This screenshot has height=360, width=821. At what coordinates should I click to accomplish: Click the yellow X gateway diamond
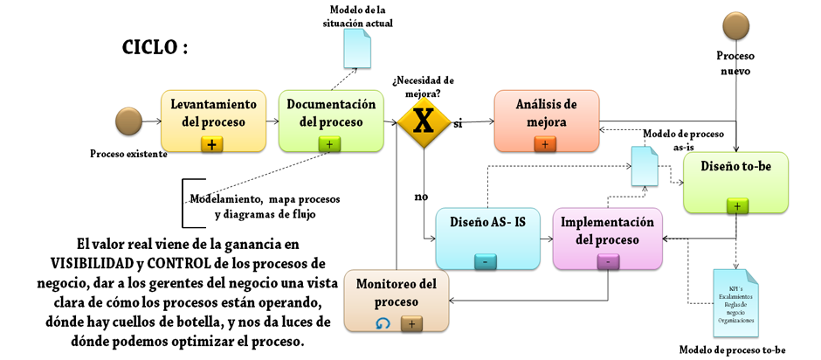tap(424, 119)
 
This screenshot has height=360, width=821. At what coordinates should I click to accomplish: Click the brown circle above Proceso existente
tap(128, 121)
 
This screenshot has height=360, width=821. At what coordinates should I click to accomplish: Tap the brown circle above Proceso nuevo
tap(735, 25)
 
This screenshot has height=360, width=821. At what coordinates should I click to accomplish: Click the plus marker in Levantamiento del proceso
tap(212, 143)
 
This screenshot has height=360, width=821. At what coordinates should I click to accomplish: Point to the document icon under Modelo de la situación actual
tap(358, 48)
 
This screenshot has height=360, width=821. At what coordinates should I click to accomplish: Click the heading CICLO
tap(154, 47)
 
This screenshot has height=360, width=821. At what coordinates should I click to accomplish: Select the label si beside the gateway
tap(458, 124)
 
